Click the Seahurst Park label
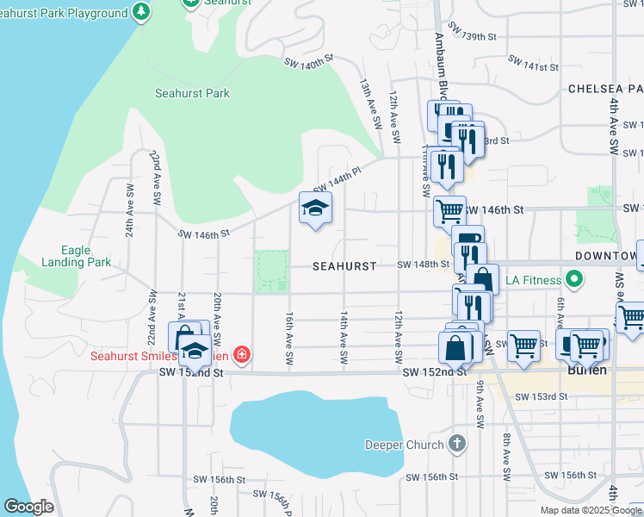coord(192,93)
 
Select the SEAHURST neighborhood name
coord(344,267)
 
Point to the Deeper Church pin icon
coord(456,445)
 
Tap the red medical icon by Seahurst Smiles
coord(243,354)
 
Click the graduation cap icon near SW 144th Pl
coord(315,207)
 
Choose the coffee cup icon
coord(468,240)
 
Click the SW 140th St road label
coord(308,62)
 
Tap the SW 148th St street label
coord(424,265)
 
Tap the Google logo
coord(28,507)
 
